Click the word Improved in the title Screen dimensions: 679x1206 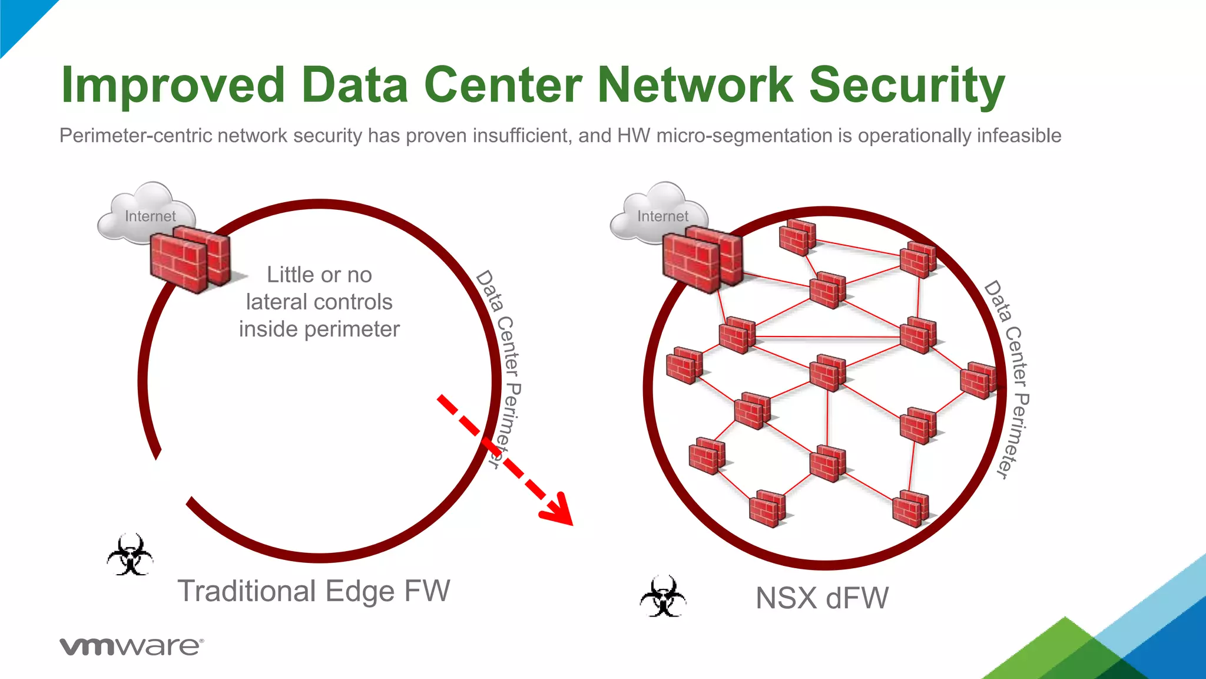point(174,86)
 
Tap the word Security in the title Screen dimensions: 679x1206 point(906,86)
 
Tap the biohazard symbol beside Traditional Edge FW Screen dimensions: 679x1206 point(130,555)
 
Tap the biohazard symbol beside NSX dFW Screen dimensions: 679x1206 point(663,596)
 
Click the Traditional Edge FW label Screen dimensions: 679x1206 point(314,591)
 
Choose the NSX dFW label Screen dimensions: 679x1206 point(821,598)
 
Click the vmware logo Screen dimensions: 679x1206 point(131,646)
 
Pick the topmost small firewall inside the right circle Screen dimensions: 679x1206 point(797,237)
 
